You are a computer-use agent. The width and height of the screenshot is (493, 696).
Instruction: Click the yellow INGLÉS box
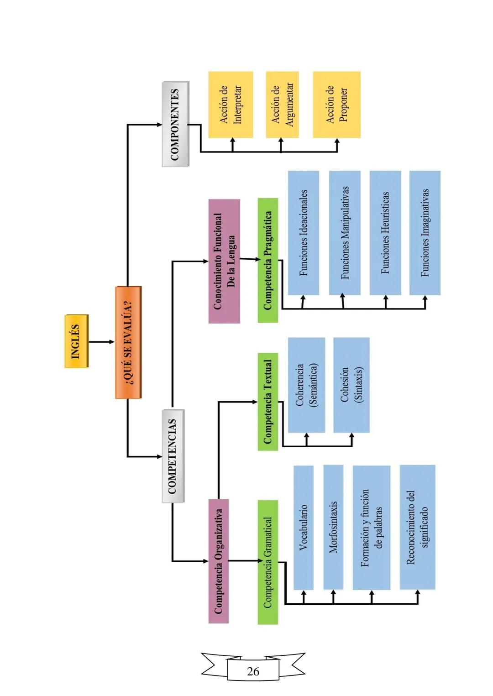(x=76, y=341)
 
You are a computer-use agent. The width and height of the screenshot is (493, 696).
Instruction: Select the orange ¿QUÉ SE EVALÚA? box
(x=128, y=342)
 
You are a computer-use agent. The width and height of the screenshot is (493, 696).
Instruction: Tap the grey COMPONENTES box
(x=175, y=124)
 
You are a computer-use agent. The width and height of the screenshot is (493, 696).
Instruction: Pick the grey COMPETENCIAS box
(x=173, y=456)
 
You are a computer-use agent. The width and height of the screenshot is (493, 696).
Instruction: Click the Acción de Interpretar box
(x=231, y=105)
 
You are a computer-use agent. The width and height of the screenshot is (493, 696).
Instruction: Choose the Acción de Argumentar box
(x=282, y=105)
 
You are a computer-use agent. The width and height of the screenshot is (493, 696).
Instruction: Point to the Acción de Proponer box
(x=336, y=105)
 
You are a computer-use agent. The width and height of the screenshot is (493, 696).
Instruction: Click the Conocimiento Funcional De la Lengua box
(x=224, y=261)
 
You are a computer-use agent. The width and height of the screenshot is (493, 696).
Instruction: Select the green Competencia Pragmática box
(x=267, y=260)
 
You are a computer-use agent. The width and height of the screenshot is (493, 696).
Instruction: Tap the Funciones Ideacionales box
(x=303, y=233)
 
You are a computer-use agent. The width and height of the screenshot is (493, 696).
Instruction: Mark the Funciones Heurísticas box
(x=385, y=233)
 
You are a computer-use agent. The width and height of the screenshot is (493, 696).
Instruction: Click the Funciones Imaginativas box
(x=425, y=233)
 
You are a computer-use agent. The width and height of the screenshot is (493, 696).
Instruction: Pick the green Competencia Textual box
(x=267, y=402)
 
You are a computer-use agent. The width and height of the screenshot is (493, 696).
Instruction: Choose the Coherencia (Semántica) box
(x=306, y=385)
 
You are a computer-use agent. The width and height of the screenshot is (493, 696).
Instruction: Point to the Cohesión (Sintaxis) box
(x=351, y=385)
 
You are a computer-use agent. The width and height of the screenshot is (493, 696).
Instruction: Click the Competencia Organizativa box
(x=219, y=561)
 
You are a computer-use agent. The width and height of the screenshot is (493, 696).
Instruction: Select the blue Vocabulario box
(x=303, y=527)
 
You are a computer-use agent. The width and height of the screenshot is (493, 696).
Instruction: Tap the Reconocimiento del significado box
(x=417, y=527)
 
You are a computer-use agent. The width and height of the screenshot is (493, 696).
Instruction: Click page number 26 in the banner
(x=253, y=671)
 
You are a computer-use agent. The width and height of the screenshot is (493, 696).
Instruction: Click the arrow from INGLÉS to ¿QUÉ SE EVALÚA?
(x=101, y=341)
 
